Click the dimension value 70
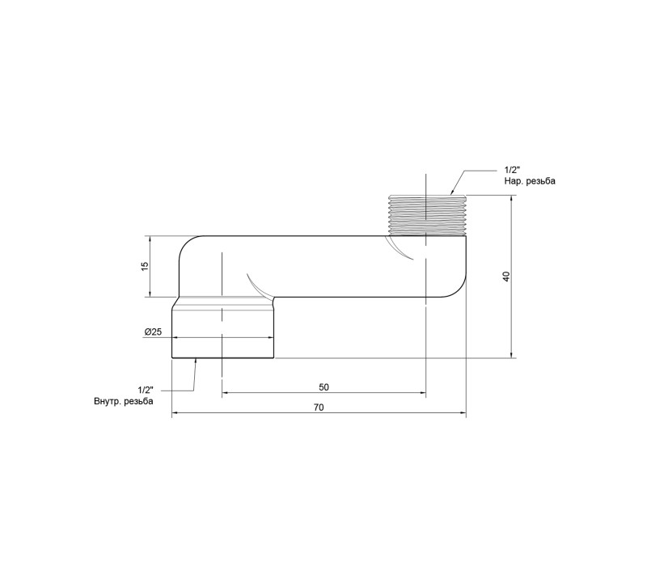[x=319, y=408]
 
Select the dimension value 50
[x=324, y=387]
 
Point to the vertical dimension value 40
[x=507, y=277]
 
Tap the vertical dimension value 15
[x=145, y=266]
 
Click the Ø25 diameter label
[x=153, y=332]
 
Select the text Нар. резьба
[x=530, y=181]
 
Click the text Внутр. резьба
[x=124, y=401]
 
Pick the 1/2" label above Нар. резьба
[x=512, y=170]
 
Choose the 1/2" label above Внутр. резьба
[x=146, y=390]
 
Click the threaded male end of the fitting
[x=428, y=214]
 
